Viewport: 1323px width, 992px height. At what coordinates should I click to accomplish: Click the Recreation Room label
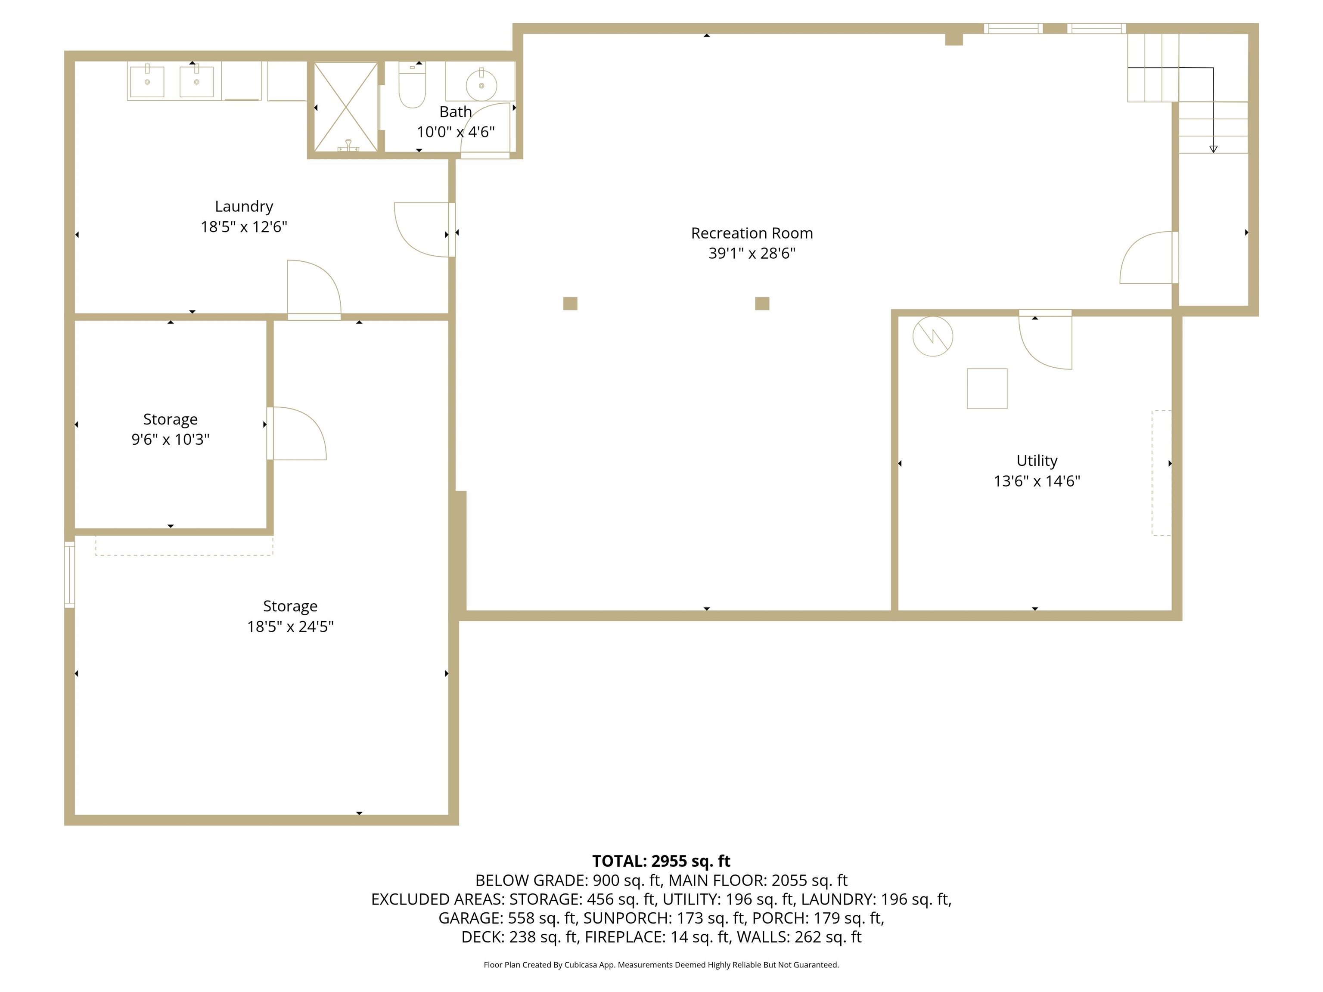click(x=752, y=233)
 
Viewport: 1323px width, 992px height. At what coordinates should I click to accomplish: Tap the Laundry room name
click(x=244, y=206)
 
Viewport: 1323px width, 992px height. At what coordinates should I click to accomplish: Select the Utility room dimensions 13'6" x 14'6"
click(x=1037, y=481)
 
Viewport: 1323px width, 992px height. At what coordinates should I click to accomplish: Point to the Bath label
click(x=456, y=112)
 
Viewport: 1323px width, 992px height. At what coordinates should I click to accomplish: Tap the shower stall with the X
click(x=346, y=106)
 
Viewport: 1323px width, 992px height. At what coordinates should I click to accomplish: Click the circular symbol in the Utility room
click(x=932, y=337)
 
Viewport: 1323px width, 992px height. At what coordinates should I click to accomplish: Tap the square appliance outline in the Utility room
click(x=987, y=389)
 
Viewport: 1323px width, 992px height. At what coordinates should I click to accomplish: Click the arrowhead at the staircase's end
click(x=1213, y=149)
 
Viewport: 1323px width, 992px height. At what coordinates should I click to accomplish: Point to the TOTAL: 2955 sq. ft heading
click(x=661, y=861)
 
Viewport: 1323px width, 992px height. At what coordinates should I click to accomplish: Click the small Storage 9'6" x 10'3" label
click(x=171, y=429)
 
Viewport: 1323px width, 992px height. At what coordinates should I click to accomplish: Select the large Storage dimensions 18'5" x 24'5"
click(x=290, y=626)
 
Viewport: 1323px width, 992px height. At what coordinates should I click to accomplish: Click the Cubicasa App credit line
click(x=661, y=964)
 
